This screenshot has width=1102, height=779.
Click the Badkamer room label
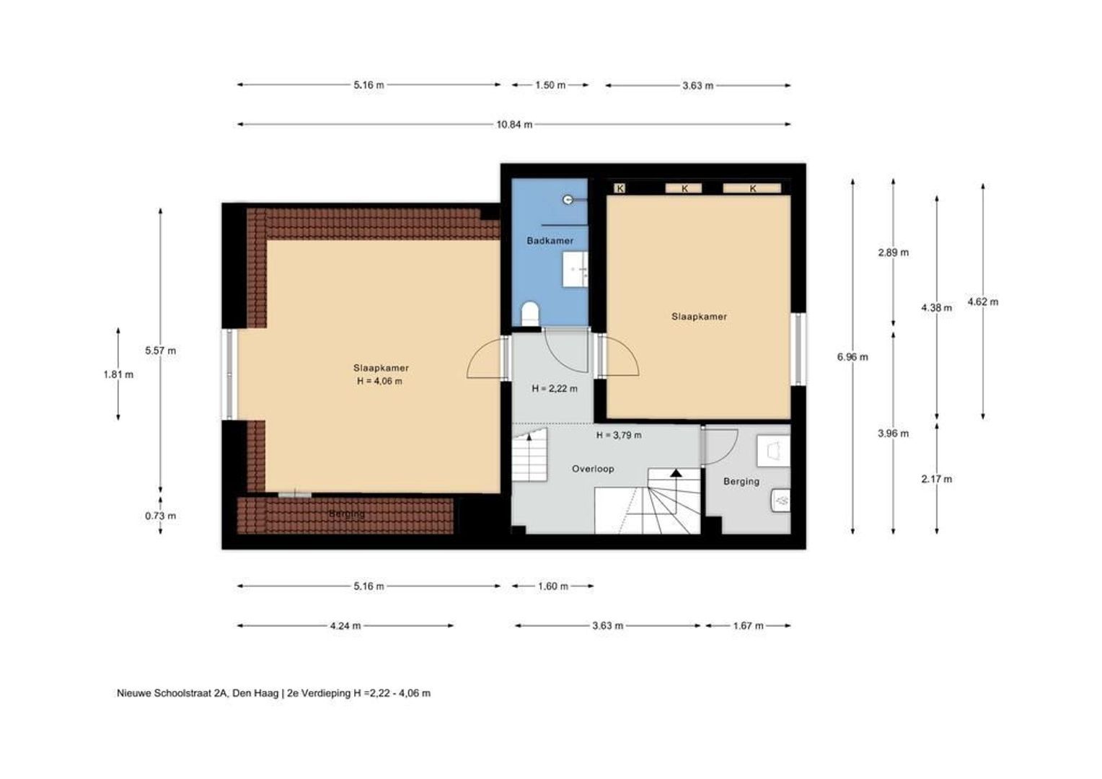550,241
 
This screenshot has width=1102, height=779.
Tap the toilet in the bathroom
530,314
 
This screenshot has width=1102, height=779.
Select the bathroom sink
575,269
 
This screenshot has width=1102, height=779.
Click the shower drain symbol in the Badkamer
568,200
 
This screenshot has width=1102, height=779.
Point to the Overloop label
593,469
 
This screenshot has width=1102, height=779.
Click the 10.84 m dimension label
514,125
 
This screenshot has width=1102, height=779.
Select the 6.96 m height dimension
852,357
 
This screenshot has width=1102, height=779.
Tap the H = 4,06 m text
379,381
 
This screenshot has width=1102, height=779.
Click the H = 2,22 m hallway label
555,389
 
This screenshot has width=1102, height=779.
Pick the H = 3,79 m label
618,435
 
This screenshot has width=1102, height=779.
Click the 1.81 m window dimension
118,374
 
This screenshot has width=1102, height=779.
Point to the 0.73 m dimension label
160,516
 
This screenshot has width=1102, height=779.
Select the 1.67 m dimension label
749,626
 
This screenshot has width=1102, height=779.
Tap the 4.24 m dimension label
345,626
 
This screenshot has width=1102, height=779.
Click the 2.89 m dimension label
894,253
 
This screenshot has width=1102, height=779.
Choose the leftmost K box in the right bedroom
620,188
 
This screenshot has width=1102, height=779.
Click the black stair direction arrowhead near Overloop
676,473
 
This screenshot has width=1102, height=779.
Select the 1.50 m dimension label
550,85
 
